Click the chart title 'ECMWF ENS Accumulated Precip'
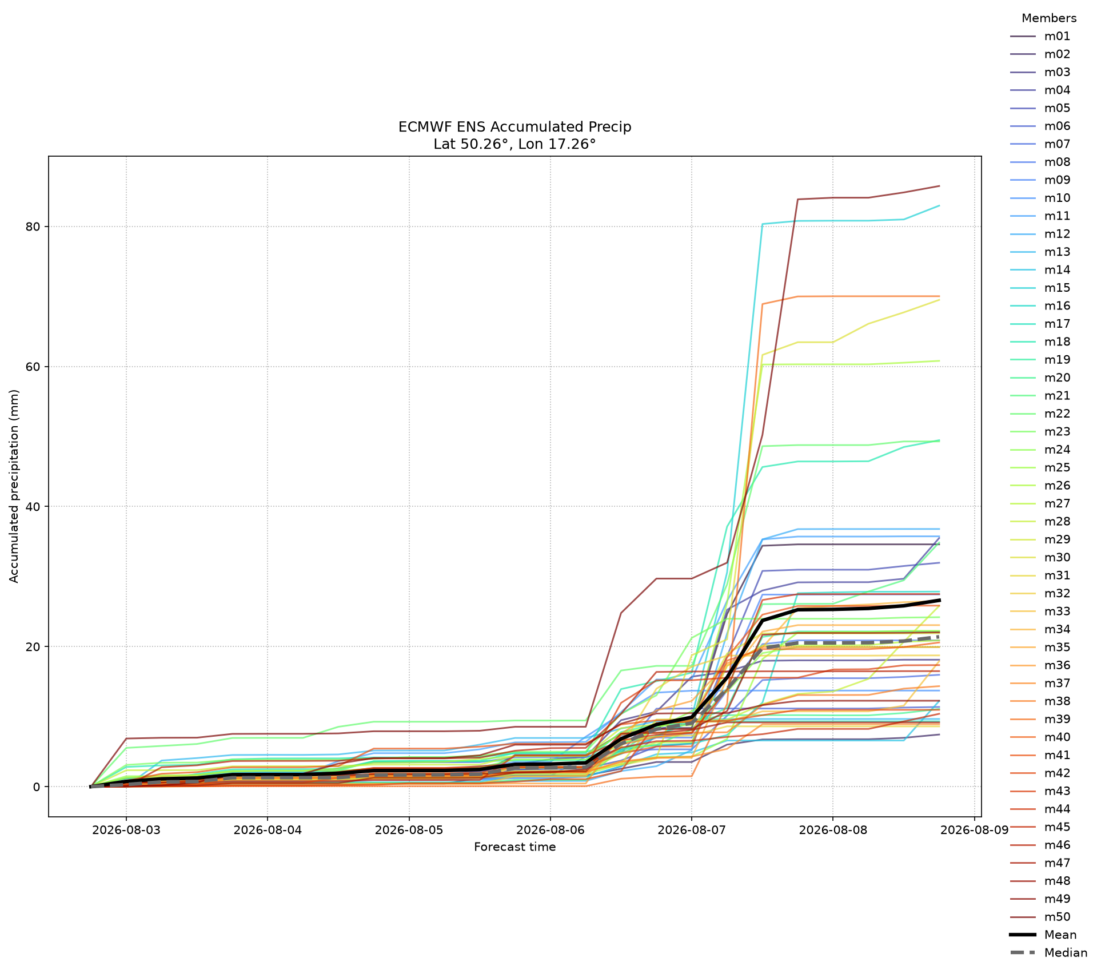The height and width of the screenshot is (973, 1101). coord(514,127)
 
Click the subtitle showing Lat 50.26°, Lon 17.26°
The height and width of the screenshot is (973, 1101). coord(514,144)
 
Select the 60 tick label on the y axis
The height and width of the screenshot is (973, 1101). coord(32,367)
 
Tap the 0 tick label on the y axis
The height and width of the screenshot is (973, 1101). coord(37,787)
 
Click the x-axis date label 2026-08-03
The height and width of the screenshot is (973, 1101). coord(126,829)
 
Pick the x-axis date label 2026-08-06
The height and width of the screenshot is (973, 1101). coord(550,829)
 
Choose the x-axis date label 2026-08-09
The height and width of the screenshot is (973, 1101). coord(974,829)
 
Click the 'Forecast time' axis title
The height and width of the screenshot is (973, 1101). coord(514,847)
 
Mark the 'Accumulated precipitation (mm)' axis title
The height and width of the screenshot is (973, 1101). coord(14,486)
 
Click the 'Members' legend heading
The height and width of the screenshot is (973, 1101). coord(1049,18)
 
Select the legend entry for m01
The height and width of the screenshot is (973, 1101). coord(1040,37)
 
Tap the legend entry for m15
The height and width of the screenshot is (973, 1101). coord(1040,288)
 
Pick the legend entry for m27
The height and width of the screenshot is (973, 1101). coord(1040,504)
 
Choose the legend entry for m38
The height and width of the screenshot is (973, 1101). coord(1040,702)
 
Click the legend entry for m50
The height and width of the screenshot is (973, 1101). coord(1040,918)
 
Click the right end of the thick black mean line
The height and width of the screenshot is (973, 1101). coord(939,600)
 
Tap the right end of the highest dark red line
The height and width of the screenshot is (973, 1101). coord(939,186)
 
